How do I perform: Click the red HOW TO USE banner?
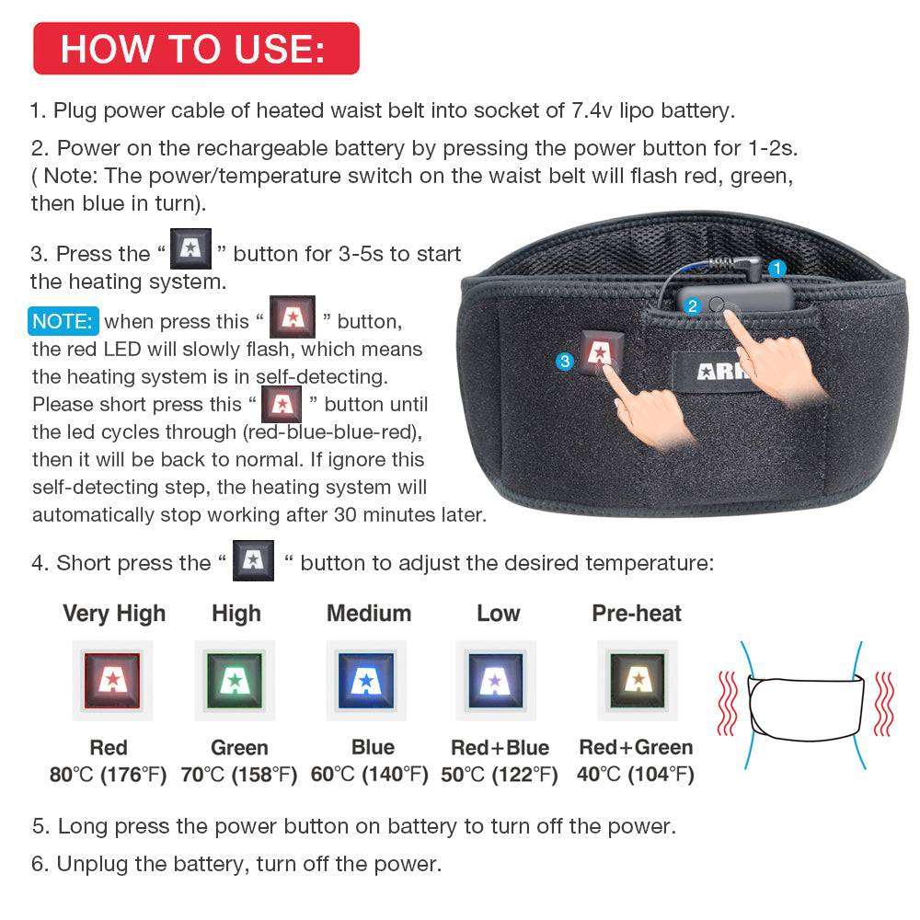point(195,48)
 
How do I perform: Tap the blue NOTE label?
point(63,321)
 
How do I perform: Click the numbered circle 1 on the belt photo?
point(777,269)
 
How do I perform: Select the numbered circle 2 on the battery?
point(693,305)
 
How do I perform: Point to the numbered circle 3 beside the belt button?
point(565,362)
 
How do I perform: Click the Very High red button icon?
point(112,680)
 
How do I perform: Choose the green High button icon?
point(236,680)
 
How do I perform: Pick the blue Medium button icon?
point(367,680)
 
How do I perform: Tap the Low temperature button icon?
point(497,680)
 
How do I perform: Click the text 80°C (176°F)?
point(109,775)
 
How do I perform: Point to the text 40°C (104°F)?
point(636,775)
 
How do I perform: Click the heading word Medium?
point(369,613)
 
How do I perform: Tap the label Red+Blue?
point(500,748)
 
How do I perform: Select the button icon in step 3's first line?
point(191,251)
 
